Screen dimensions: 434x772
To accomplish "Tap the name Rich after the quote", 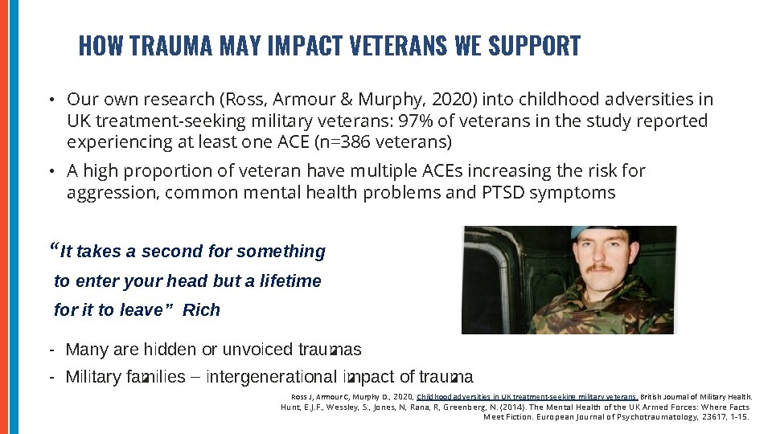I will coord(201,310).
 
